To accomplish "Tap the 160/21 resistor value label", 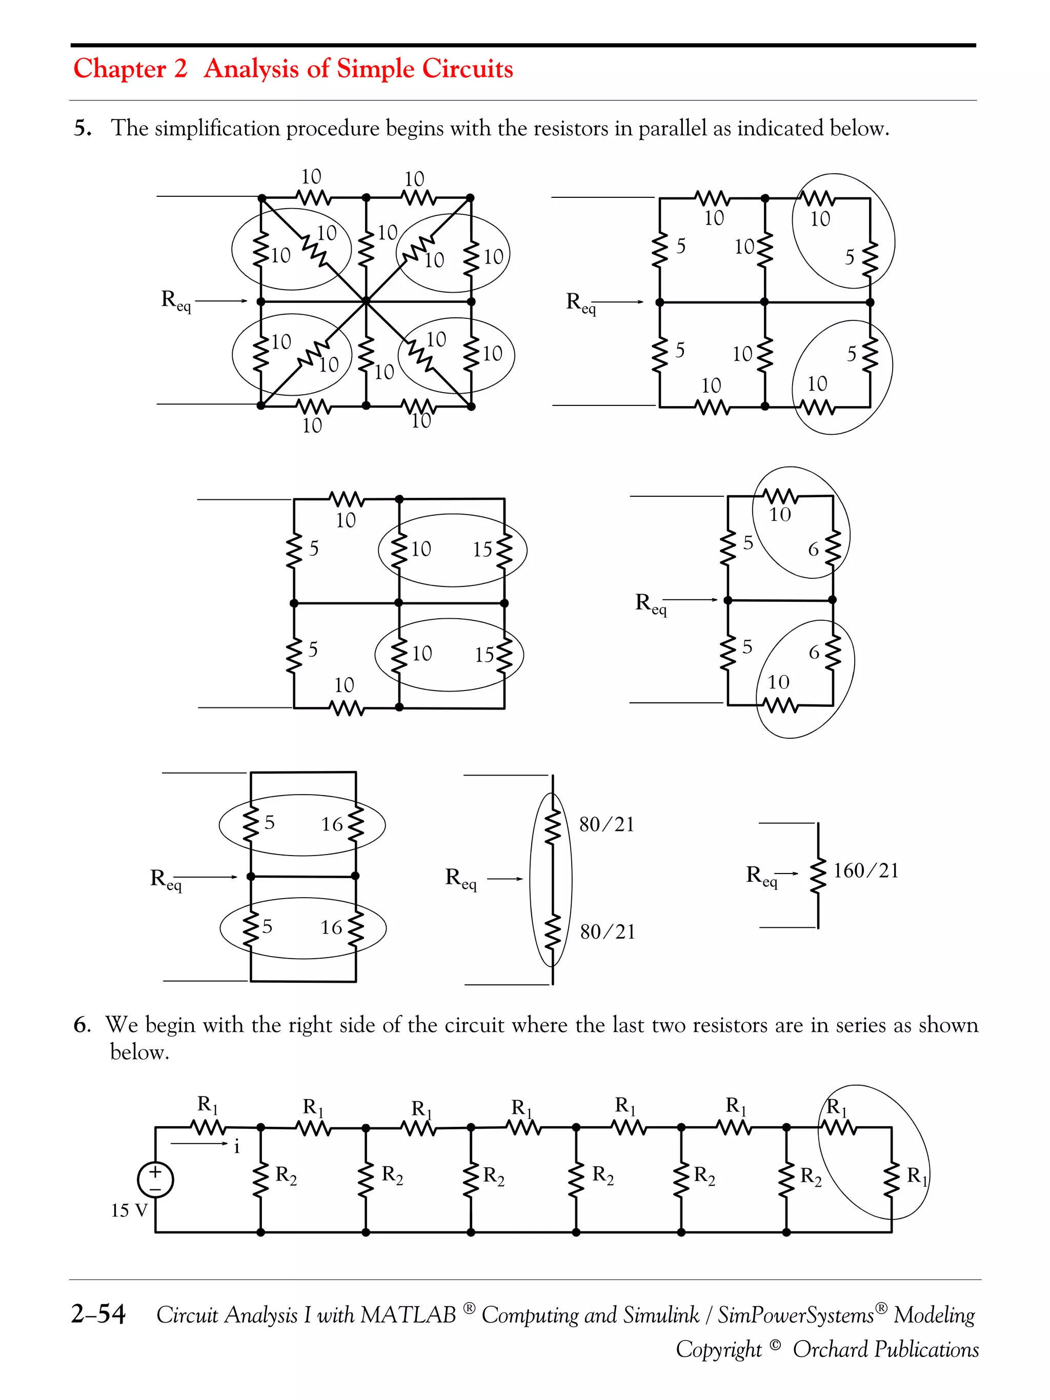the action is click(865, 871).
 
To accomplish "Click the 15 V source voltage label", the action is click(129, 1210).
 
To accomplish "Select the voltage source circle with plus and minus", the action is click(155, 1179).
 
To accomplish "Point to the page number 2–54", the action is click(98, 1313).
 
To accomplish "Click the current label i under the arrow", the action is click(237, 1146).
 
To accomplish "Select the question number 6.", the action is click(82, 1025).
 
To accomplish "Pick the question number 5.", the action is click(82, 129).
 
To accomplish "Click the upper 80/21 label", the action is click(607, 824).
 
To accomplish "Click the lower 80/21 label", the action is click(607, 931).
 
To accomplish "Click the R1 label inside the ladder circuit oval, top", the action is click(836, 1107).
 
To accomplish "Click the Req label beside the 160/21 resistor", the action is click(761, 876).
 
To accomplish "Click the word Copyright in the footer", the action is click(718, 1349).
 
